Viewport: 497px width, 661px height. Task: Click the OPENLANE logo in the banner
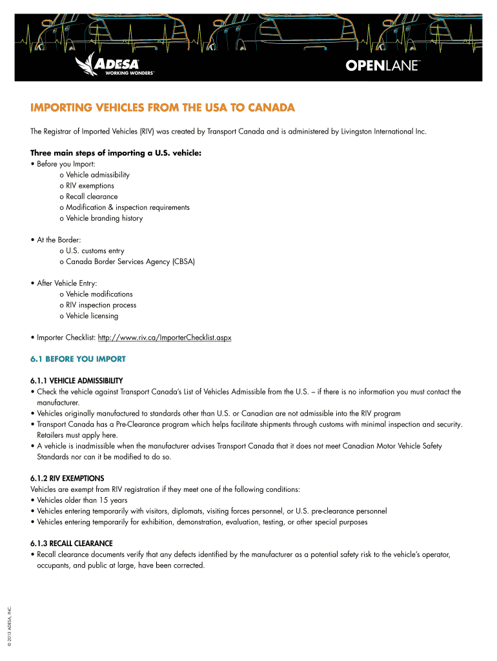click(x=383, y=65)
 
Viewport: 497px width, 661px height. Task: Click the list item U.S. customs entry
click(x=95, y=250)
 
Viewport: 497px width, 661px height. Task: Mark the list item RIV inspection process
click(x=101, y=305)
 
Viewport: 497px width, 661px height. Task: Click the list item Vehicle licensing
click(x=92, y=316)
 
